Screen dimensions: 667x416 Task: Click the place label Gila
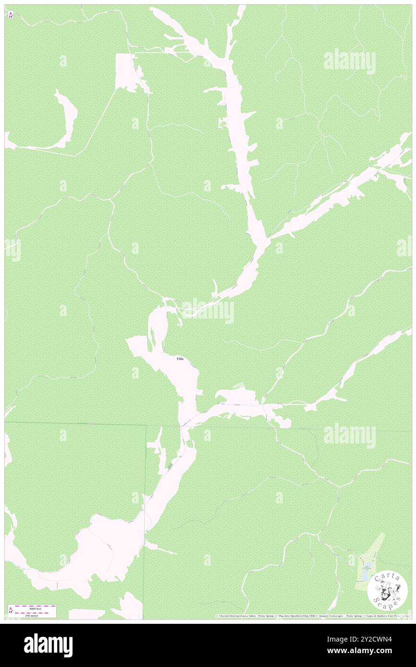[180, 359]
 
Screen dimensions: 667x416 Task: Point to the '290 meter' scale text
[32, 615]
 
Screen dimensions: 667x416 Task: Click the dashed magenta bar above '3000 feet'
[35, 606]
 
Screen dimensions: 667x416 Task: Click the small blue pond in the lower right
[367, 569]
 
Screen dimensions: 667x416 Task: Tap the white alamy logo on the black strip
[48, 645]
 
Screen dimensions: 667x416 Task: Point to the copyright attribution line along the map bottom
[312, 616]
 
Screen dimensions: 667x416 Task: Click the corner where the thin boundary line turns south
[146, 425]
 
